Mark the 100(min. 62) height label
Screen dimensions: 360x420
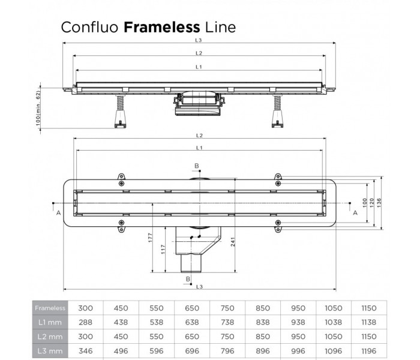pos(37,109)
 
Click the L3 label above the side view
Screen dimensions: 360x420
pos(198,40)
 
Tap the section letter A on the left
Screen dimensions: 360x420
pos(58,212)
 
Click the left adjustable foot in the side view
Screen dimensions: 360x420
pos(119,114)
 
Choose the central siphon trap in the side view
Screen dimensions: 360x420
pos(198,104)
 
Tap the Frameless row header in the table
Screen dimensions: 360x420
pos(50,308)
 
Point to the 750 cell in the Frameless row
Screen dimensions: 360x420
pos(227,308)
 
